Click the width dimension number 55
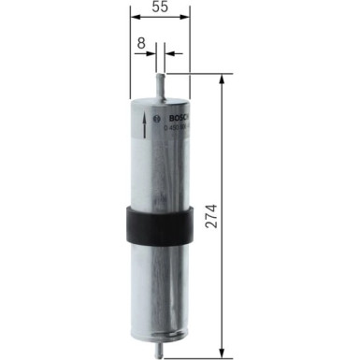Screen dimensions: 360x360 coord(160,7)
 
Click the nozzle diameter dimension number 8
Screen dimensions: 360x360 coord(139,43)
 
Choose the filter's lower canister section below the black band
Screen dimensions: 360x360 coord(160,290)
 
